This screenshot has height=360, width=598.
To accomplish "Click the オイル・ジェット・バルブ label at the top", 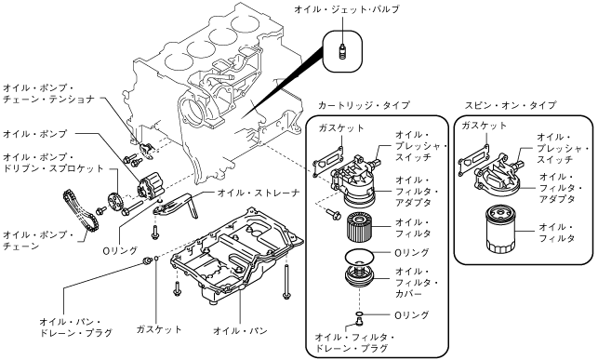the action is [347, 9].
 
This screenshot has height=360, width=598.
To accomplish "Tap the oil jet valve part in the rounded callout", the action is [342, 51].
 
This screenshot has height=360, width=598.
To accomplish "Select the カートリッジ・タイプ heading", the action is [364, 105].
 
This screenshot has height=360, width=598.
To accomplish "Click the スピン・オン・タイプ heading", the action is [511, 105].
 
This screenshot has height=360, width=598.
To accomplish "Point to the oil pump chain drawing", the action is [81, 210].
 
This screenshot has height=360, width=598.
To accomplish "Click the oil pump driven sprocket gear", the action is [113, 202].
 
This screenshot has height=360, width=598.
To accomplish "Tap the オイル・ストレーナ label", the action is [259, 193].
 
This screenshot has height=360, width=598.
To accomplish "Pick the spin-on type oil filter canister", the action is [500, 228].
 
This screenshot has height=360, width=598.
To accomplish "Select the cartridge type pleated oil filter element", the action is [360, 227].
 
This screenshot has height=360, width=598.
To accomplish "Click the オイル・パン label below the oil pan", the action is [240, 330].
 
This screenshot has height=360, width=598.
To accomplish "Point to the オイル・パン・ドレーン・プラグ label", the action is [76, 327].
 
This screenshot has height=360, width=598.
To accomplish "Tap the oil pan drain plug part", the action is [146, 260].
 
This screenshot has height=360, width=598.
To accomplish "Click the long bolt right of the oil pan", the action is [286, 282].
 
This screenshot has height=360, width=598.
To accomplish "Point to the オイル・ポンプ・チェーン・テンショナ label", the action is [48, 94].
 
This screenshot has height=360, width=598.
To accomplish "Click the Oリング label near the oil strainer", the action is [121, 250].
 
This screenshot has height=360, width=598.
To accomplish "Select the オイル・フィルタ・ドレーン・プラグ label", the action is [354, 342].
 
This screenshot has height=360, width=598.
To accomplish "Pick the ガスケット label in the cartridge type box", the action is [341, 128].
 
